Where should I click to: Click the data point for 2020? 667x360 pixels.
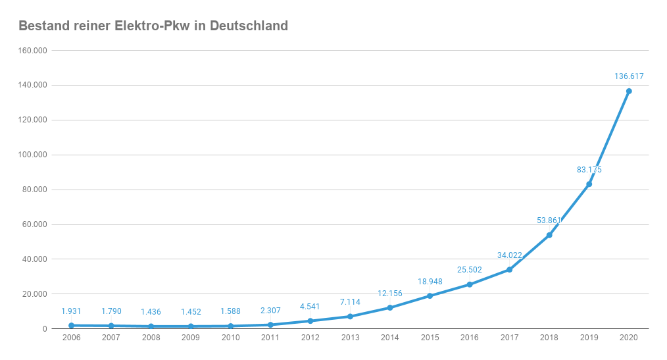[x=629, y=91]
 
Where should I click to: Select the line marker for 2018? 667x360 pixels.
[x=549, y=235]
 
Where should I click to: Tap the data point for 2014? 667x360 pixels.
[x=390, y=307]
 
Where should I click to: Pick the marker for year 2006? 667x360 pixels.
[x=71, y=325]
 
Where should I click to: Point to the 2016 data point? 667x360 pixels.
[x=470, y=284]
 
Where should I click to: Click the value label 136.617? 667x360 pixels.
[x=629, y=76]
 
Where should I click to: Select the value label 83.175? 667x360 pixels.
[x=589, y=170]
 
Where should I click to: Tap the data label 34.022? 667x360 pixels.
[x=509, y=255]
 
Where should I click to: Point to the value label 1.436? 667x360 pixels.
[x=151, y=312]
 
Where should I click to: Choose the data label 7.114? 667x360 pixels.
[x=350, y=302]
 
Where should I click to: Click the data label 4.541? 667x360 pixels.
[x=310, y=307]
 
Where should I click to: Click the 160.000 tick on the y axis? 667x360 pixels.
[x=33, y=51]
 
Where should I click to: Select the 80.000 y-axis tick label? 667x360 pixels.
[x=35, y=190]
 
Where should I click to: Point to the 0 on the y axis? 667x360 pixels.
[x=44, y=328]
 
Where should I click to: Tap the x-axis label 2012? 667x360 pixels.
[x=310, y=338]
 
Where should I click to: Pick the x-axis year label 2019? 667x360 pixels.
[x=589, y=338]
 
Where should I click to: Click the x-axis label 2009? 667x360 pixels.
[x=190, y=338]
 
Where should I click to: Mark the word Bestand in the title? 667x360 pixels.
[x=40, y=26]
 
